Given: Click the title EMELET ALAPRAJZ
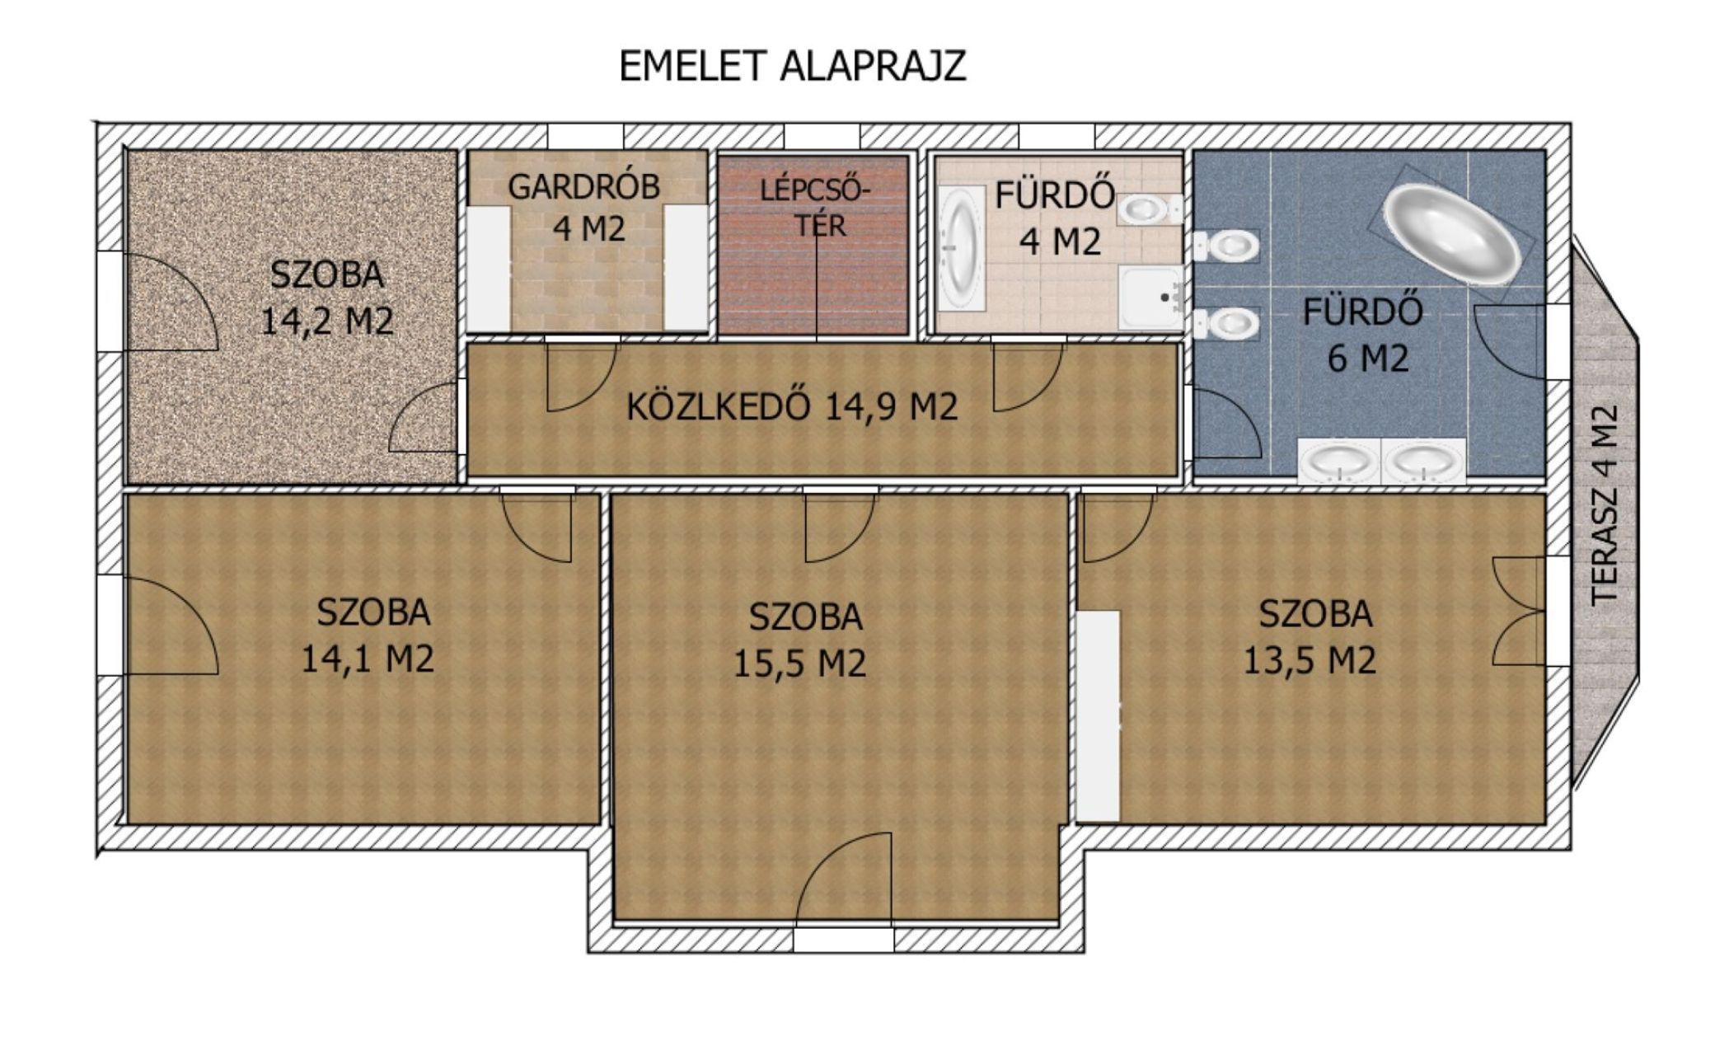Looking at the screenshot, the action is [x=792, y=66].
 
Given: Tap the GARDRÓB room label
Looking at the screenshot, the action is [x=584, y=187].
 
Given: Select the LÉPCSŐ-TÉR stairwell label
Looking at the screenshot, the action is [x=815, y=208].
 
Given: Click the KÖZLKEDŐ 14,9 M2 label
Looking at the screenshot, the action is [x=792, y=406].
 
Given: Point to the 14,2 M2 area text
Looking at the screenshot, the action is [x=326, y=321].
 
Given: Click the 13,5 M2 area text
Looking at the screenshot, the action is [x=1309, y=660].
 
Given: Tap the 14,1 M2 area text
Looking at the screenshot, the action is [x=367, y=659].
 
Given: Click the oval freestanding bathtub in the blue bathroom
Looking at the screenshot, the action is [x=1451, y=233].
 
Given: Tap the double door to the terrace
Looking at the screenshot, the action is [x=1517, y=611].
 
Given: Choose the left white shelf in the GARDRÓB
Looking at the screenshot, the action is [x=488, y=267].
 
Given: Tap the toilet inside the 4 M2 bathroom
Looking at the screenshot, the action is [x=1149, y=209].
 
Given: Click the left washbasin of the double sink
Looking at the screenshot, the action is [x=1339, y=461].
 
